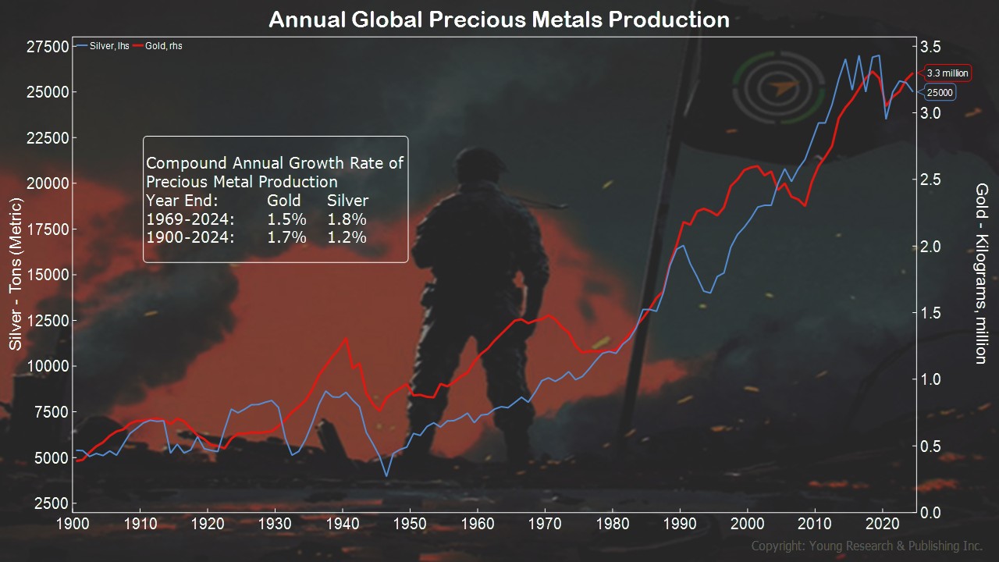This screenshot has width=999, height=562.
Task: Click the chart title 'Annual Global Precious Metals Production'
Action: click(499, 20)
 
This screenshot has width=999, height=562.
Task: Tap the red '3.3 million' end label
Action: click(947, 73)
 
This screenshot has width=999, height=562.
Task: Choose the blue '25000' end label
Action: click(940, 93)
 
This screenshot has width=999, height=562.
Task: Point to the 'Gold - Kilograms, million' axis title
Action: click(982, 273)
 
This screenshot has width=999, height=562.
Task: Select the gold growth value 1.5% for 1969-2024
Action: click(286, 219)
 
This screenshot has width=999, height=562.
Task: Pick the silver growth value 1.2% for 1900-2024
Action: click(347, 237)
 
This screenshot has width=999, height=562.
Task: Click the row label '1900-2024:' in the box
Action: click(190, 237)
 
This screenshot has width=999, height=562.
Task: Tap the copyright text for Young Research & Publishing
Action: click(866, 546)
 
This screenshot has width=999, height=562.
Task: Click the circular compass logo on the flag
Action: click(778, 91)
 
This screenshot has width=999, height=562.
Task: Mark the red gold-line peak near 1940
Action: click(345, 339)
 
